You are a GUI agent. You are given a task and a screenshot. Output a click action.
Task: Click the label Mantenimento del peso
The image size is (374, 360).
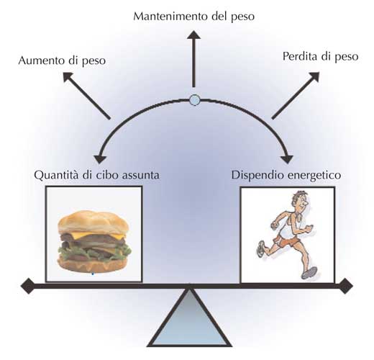193,17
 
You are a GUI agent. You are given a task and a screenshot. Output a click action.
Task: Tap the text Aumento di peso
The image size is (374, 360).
62,60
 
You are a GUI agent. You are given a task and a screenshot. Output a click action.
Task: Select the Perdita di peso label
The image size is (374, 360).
320,57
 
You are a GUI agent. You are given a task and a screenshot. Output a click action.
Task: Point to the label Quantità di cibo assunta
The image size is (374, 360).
96,174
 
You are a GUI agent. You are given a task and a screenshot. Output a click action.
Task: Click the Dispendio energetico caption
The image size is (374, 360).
286,175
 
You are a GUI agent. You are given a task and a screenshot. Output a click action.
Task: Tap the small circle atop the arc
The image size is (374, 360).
194,100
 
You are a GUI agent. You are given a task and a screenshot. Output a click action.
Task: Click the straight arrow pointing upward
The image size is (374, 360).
193,59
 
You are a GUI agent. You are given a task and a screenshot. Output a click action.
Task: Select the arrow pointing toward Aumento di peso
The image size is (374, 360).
86,96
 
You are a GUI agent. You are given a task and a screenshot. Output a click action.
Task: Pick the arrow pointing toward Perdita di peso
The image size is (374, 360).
296,95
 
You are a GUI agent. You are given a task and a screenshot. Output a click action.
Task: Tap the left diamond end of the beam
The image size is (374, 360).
28,286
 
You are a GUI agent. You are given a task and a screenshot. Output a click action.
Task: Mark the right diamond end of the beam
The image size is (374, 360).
345,286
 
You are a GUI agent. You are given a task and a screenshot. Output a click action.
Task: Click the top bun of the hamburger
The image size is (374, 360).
93,222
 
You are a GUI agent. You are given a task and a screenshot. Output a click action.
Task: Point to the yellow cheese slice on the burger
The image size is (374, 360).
101,235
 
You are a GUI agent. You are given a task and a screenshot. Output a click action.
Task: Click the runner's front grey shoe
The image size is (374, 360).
309,273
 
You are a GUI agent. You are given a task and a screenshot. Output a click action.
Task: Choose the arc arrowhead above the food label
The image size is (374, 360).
100,159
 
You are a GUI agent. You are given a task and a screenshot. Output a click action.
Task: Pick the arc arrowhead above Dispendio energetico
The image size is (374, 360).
287,159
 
